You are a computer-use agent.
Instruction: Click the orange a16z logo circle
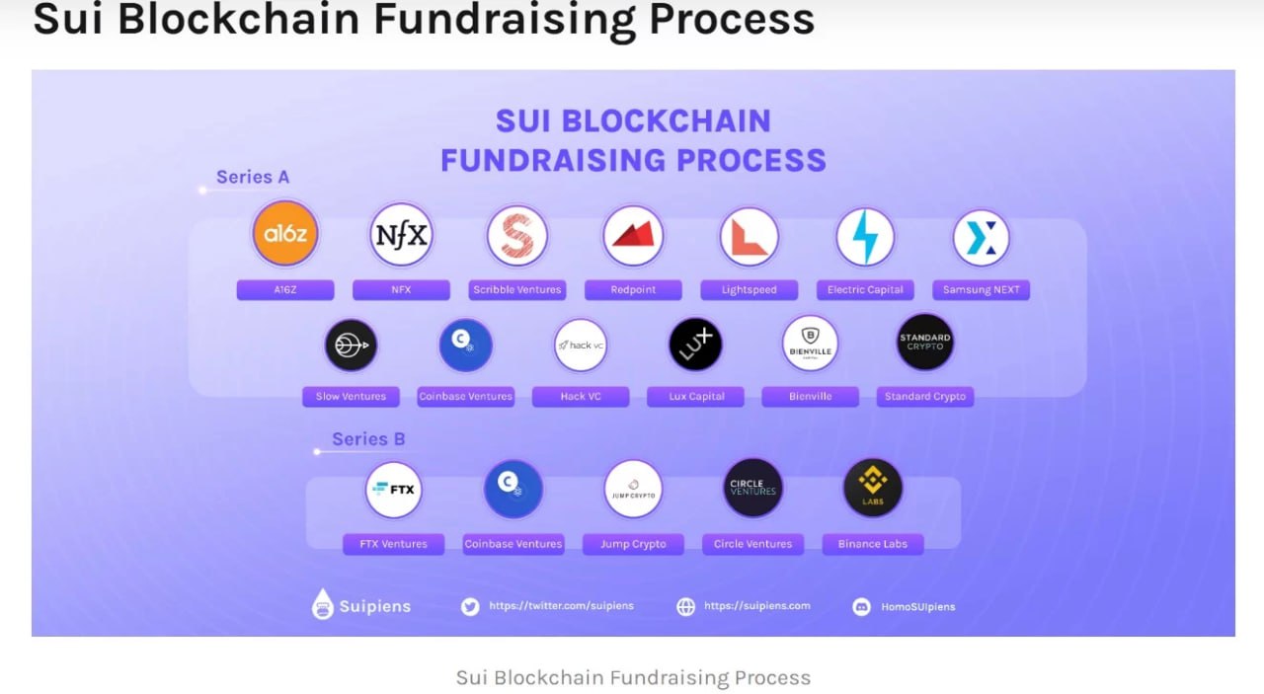284,234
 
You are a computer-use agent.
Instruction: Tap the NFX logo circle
401,235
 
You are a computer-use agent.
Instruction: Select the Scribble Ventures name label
516,290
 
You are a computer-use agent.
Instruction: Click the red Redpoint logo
633,236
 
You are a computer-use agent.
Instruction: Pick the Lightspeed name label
750,290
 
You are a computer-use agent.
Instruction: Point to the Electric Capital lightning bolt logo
865,237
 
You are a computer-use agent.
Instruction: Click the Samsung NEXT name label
981,290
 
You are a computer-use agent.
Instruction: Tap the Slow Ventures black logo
351,345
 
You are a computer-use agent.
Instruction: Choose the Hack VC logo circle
581,345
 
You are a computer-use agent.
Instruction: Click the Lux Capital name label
697,397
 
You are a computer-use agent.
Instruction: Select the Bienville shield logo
810,344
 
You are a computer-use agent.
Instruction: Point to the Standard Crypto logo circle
925,343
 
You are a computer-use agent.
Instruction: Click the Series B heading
368,439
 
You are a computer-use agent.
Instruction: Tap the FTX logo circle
393,489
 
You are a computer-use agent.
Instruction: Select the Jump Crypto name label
633,544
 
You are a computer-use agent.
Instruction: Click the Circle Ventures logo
752,488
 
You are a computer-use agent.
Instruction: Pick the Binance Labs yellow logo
873,488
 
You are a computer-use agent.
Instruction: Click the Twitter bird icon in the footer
470,606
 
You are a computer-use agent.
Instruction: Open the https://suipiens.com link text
756,606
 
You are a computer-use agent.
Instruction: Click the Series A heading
253,178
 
